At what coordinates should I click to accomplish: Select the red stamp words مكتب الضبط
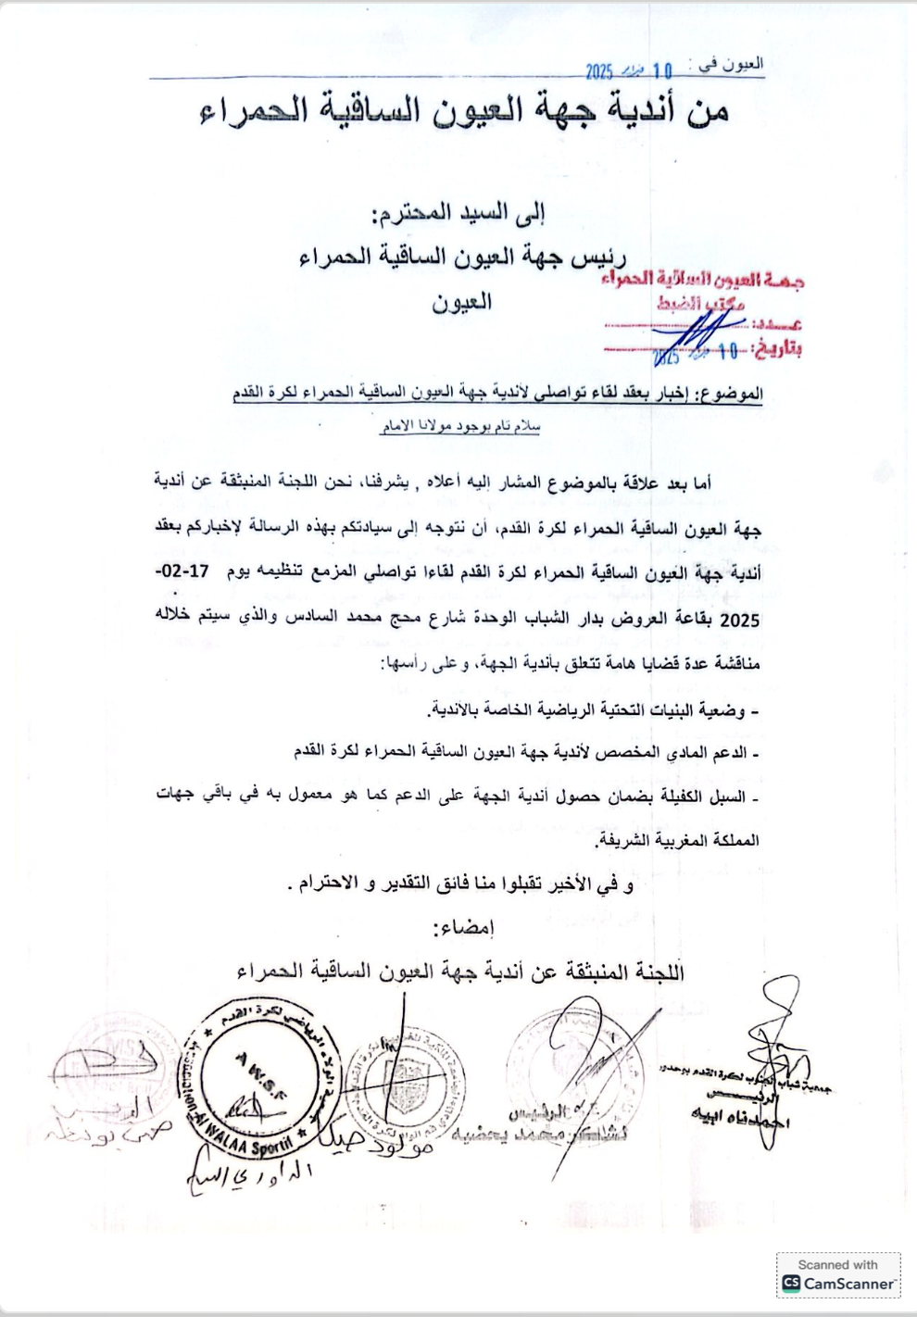[701, 302]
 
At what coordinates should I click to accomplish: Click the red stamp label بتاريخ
[778, 350]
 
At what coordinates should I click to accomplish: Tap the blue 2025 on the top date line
[599, 71]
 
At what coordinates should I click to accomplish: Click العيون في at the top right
[731, 65]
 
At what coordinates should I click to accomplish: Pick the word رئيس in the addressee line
[598, 257]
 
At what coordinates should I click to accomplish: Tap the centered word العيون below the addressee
[460, 302]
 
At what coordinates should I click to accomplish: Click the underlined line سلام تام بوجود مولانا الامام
[460, 427]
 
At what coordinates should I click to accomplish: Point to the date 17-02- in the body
[182, 571]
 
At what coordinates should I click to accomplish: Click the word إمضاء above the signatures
[463, 927]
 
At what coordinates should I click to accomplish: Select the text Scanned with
[837, 1264]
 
